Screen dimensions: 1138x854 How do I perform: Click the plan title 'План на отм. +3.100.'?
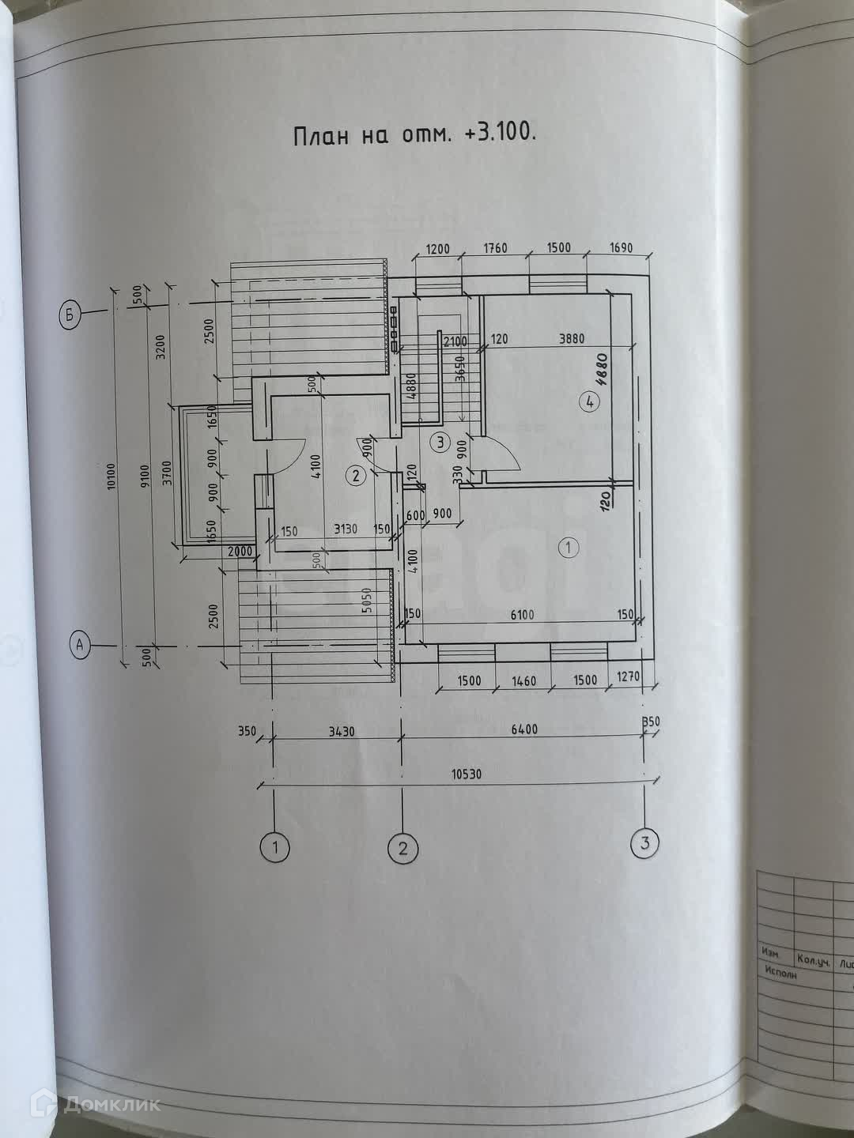(414, 134)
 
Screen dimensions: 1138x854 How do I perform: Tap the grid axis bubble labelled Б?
(70, 315)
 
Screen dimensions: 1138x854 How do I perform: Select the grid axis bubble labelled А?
(79, 645)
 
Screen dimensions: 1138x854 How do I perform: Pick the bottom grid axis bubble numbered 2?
(402, 849)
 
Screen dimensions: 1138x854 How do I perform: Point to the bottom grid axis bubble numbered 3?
(644, 843)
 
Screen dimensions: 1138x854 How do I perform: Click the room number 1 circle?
(567, 547)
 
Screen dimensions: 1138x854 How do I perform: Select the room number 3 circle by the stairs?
(441, 442)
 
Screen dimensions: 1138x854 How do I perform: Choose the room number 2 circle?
(356, 475)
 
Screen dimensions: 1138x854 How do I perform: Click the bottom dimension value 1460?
(523, 681)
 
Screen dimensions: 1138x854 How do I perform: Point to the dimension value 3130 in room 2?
(340, 531)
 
